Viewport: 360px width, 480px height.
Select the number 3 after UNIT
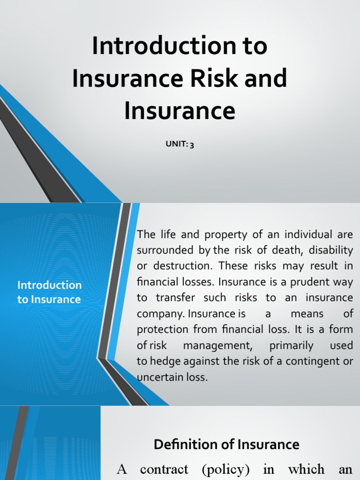[192, 145]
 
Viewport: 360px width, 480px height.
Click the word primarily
[292, 345]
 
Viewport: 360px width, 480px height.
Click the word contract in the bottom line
[164, 470]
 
